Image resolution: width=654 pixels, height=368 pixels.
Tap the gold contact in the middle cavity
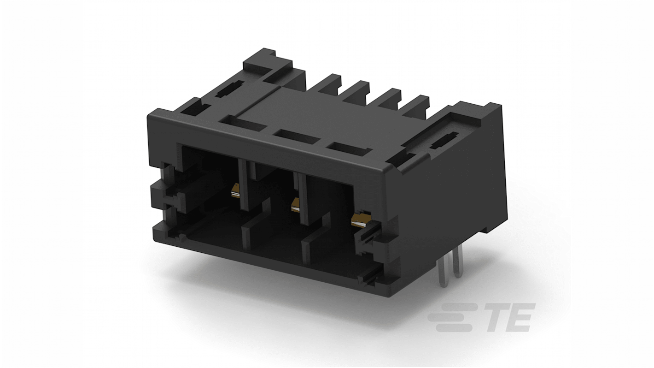point(295,205)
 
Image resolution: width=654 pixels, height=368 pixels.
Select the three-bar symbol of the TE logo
point(449,317)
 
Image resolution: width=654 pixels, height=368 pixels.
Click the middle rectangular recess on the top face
point(293,137)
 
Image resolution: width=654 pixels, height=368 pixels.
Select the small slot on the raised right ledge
point(444,140)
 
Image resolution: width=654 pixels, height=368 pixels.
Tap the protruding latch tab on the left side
point(170,194)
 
